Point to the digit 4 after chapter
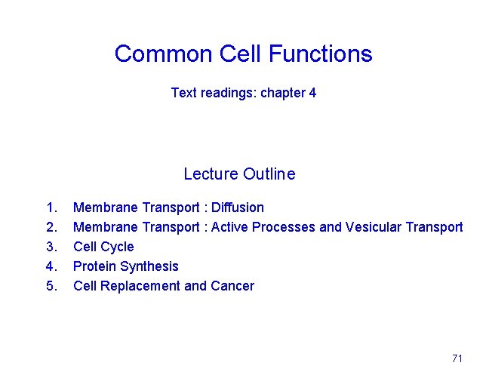pyautogui.click(x=312, y=93)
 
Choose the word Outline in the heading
pyautogui.click(x=269, y=174)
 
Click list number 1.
pyautogui.click(x=51, y=207)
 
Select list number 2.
pyautogui.click(x=51, y=227)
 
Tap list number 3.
pyautogui.click(x=51, y=247)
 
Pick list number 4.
pyautogui.click(x=51, y=266)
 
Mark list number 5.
pyautogui.click(x=51, y=286)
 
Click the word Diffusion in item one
pyautogui.click(x=238, y=207)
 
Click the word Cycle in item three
pyautogui.click(x=117, y=247)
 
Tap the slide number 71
pyautogui.click(x=457, y=358)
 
